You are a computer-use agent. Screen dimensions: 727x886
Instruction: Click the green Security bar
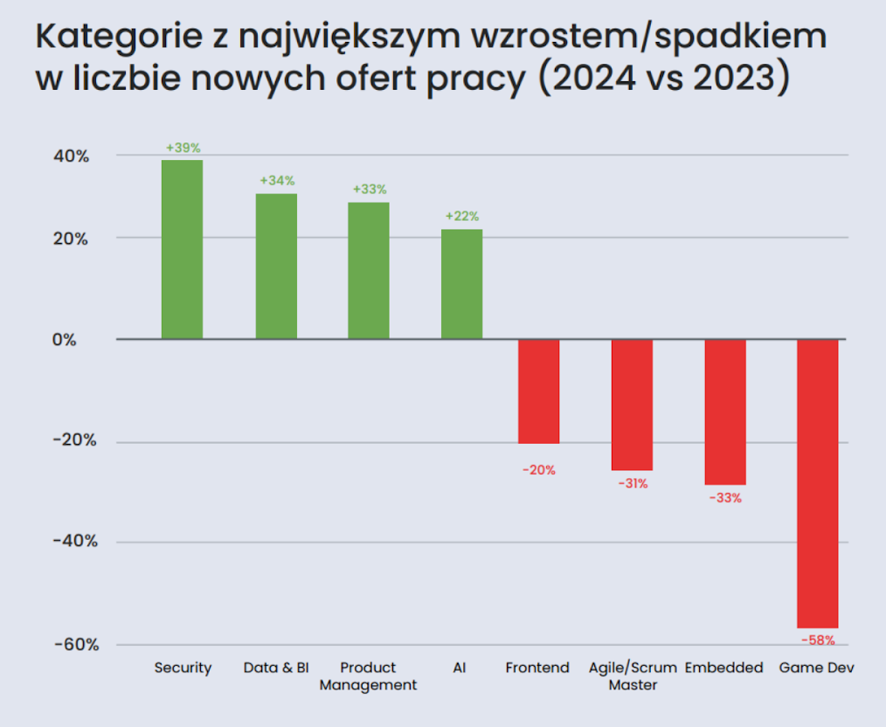tap(182, 249)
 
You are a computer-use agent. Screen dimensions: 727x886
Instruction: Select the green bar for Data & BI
tap(276, 266)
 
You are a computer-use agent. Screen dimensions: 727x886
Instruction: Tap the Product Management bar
tap(369, 270)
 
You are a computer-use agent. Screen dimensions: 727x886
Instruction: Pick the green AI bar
tap(461, 284)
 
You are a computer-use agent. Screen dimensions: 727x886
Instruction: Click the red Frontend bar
tap(538, 391)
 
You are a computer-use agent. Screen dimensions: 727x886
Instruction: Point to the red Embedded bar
tap(725, 412)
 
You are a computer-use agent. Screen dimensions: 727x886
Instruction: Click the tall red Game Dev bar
tap(818, 483)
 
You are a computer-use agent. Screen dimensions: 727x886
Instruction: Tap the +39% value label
tap(183, 148)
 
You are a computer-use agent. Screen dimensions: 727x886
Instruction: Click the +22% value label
tap(462, 217)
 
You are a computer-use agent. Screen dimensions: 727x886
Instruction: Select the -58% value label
tap(818, 640)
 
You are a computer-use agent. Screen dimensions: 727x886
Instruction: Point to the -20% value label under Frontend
tap(539, 470)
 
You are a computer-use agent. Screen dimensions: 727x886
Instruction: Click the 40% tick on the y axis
tap(70, 156)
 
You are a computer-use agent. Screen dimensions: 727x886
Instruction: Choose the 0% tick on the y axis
tap(76, 340)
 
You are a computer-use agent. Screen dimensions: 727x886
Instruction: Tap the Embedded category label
tap(723, 668)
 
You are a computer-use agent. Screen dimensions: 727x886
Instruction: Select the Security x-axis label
tap(183, 668)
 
